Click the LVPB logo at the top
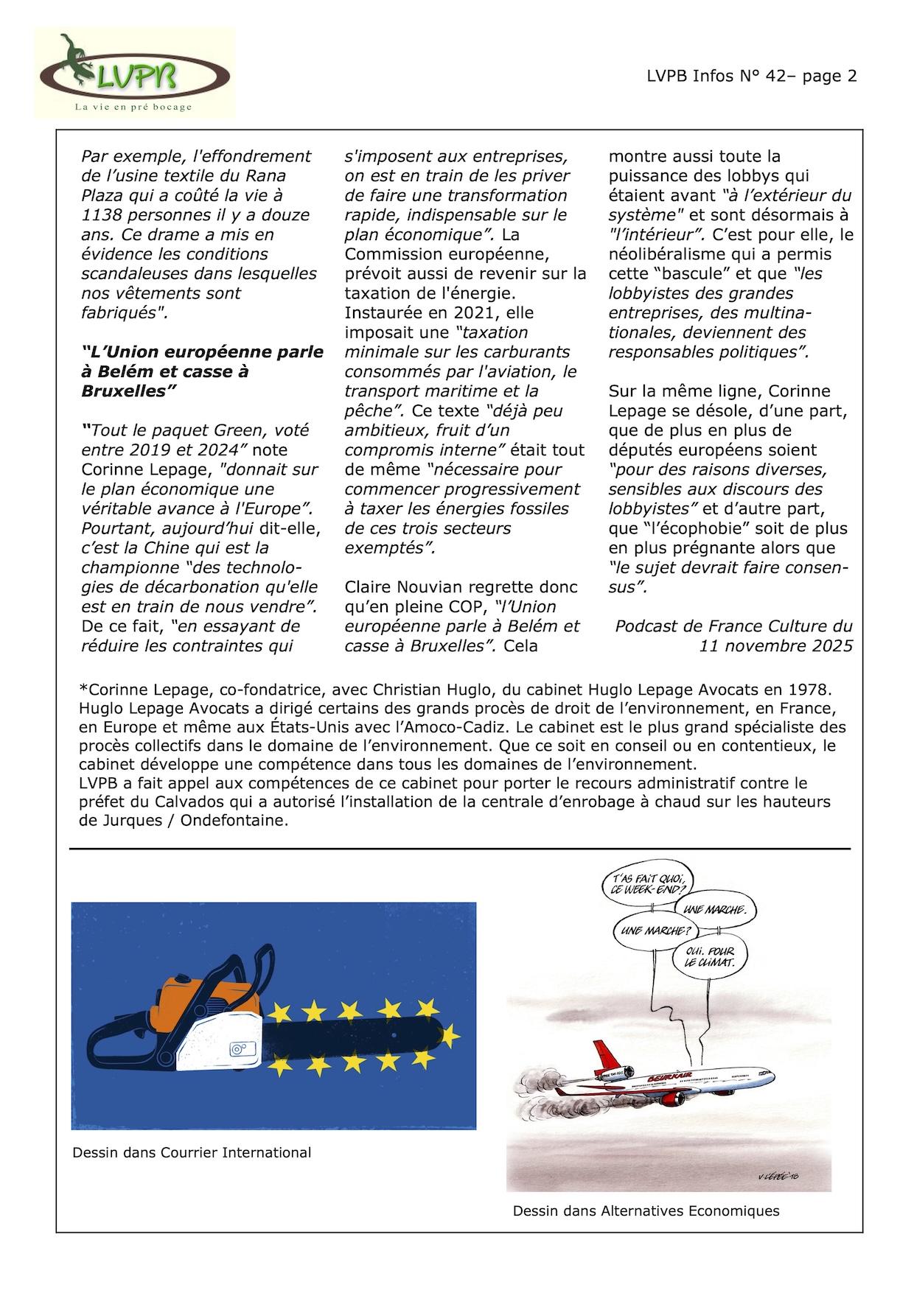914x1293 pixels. [135, 74]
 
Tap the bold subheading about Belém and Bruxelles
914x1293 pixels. [202, 371]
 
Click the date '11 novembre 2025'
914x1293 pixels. [775, 645]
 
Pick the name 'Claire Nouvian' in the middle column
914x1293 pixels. [398, 587]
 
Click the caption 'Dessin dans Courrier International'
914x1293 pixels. [192, 1152]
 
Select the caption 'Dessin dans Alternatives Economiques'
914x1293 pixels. [646, 1210]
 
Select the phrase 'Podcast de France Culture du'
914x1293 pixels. [733, 626]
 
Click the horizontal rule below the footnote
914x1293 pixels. [460, 849]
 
